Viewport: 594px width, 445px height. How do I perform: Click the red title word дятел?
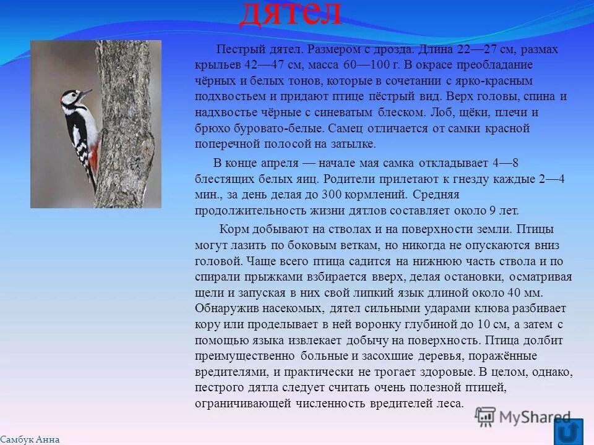290,14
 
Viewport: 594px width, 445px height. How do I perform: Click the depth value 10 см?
494,324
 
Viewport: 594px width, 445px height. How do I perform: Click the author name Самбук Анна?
30,439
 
